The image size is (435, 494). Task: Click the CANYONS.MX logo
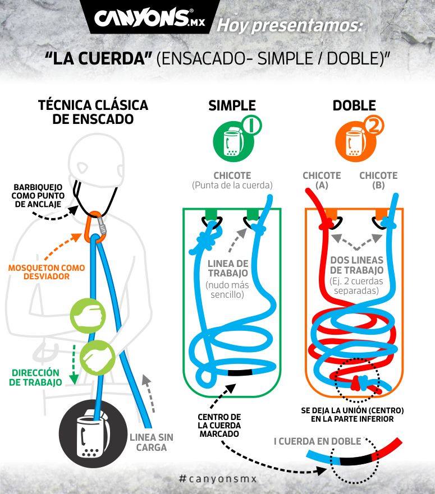point(149,18)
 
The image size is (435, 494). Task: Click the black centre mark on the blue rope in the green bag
point(240,372)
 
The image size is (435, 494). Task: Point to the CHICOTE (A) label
point(322,180)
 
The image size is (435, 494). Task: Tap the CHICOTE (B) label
point(378,180)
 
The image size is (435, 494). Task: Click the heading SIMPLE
point(232,105)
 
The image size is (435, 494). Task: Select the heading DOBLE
point(354,105)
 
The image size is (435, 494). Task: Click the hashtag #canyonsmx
point(218,479)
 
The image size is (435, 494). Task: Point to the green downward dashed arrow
point(74,364)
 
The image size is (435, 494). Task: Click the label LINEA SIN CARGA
point(152,442)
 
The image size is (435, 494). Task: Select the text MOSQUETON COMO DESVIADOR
point(47,272)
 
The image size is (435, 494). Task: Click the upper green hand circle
point(88,315)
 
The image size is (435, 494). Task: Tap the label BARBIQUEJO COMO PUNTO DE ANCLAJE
point(38,196)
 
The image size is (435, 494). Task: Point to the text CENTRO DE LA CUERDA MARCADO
point(219,426)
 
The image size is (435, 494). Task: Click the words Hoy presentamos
point(290,26)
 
